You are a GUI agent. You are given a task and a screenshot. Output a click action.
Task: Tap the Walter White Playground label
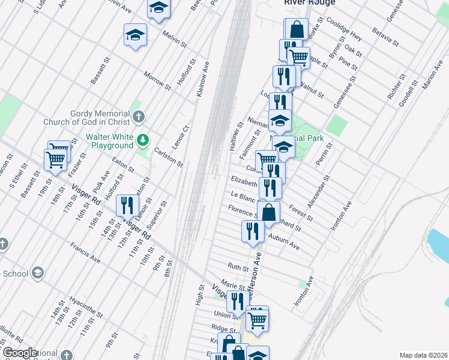pos(109,141)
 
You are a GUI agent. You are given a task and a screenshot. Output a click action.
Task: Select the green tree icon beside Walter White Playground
pos(143,141)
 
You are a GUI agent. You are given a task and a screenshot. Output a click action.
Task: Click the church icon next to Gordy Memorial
pos(139,117)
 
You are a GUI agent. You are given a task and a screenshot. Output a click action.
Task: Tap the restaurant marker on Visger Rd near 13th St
pos(127,206)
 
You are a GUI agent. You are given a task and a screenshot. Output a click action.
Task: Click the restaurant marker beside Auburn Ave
pos(252,232)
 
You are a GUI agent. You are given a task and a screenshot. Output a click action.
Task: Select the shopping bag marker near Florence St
pos(269,212)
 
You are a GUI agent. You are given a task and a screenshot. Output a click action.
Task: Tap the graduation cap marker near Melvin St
pos(136,35)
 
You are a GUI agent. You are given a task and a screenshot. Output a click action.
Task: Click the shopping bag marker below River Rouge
pos(297,29)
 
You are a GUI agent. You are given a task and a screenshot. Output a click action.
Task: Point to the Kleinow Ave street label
pos(203,79)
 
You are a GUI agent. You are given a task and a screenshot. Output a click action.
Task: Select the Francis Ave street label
pos(85,254)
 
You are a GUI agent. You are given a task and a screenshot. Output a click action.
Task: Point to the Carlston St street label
pos(168,157)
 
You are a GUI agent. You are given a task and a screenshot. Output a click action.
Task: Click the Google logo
pos(20,353)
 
